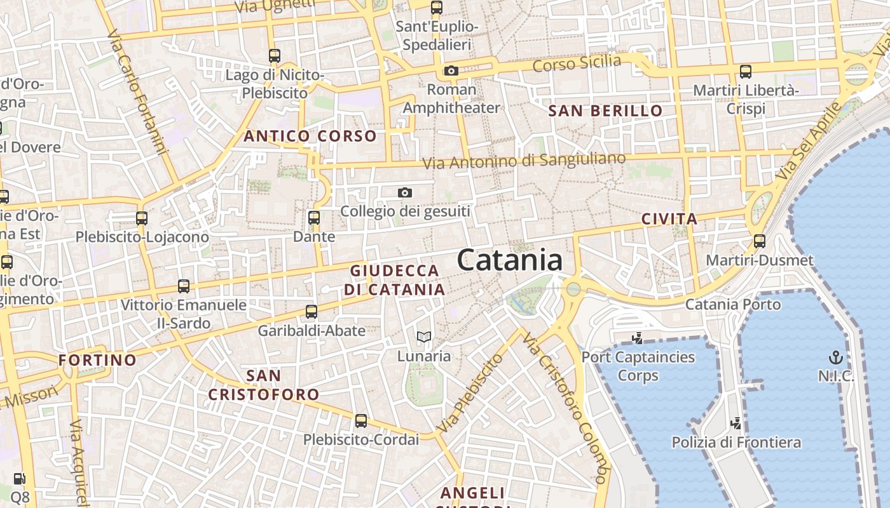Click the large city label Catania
tap(510, 260)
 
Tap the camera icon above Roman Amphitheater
tap(451, 70)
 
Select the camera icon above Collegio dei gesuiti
tap(405, 192)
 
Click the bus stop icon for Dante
tap(313, 218)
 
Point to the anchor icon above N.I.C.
tap(836, 357)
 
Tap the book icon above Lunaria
tap(424, 337)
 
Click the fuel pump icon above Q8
tap(20, 479)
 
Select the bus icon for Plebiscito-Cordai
tap(361, 420)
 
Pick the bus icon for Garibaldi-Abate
tap(311, 311)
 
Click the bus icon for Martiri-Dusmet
tap(760, 241)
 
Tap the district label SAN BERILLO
tap(605, 111)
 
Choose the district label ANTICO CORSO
tap(310, 136)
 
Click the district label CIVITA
tap(669, 220)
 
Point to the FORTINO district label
tap(97, 360)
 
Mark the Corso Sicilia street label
tap(577, 63)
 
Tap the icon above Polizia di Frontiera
tap(736, 423)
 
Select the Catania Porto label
tap(732, 304)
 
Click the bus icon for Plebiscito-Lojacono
tap(142, 218)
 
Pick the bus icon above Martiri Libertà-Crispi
tap(746, 71)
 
